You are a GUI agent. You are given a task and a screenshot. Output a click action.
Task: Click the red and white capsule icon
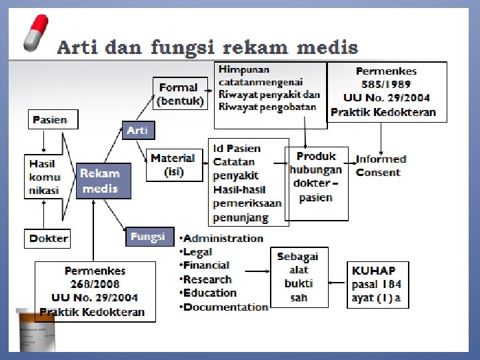point(36,31)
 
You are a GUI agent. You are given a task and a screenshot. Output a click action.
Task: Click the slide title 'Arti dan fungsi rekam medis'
point(207,48)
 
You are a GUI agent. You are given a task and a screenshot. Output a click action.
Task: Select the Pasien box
point(51,120)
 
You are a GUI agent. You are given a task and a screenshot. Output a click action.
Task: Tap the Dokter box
point(49,238)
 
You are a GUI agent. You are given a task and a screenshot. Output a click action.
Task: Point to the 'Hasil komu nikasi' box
point(45,177)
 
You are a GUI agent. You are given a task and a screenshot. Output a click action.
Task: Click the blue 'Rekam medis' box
point(102,181)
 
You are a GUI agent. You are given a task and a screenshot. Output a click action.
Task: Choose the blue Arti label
point(137,131)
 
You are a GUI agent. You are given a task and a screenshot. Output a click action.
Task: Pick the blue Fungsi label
point(148,237)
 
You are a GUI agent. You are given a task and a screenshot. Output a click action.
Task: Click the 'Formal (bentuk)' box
point(179,94)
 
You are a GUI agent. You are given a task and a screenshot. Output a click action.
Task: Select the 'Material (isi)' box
point(172,165)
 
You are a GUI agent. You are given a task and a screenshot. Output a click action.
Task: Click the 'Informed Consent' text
point(381,165)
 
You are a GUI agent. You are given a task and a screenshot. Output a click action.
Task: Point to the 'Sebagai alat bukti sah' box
point(299,277)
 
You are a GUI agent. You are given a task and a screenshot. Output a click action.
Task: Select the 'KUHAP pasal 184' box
point(377,284)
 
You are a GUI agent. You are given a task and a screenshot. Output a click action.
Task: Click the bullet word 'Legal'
point(198,252)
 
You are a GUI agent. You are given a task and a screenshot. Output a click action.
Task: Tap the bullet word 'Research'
point(207,279)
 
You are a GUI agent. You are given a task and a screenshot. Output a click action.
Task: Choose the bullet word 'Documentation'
point(225,307)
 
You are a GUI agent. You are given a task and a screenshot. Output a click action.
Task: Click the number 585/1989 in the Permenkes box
point(386,85)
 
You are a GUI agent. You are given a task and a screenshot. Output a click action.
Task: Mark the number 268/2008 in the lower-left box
point(95,285)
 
